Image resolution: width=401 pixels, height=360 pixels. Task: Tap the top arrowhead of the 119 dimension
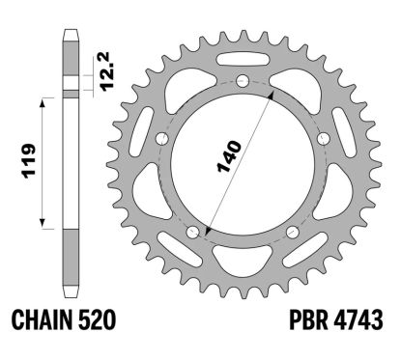(41, 98)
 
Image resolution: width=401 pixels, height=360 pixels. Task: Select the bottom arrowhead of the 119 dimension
(41, 228)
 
